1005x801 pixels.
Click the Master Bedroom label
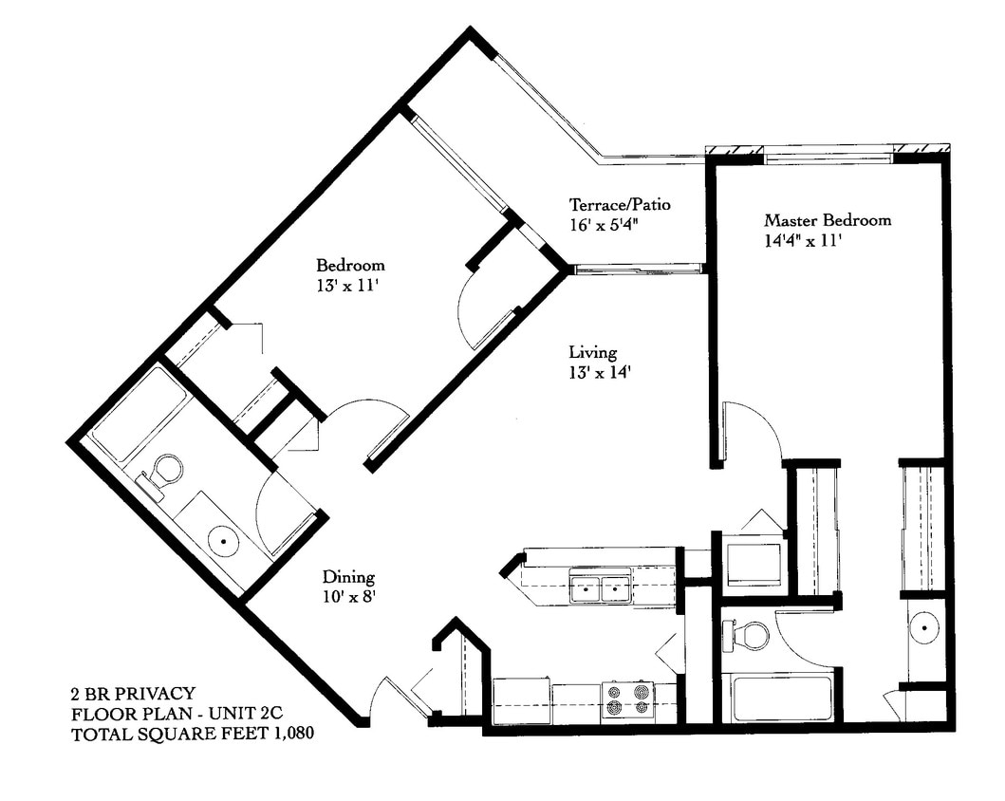[828, 220]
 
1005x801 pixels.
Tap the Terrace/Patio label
[621, 204]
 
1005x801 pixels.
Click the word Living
[593, 352]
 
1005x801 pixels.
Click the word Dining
[348, 576]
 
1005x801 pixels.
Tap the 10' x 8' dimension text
[348, 596]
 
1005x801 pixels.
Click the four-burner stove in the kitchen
[627, 699]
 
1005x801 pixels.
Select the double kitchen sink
[601, 588]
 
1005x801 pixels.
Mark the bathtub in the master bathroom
[777, 698]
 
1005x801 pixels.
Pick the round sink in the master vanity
[922, 627]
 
